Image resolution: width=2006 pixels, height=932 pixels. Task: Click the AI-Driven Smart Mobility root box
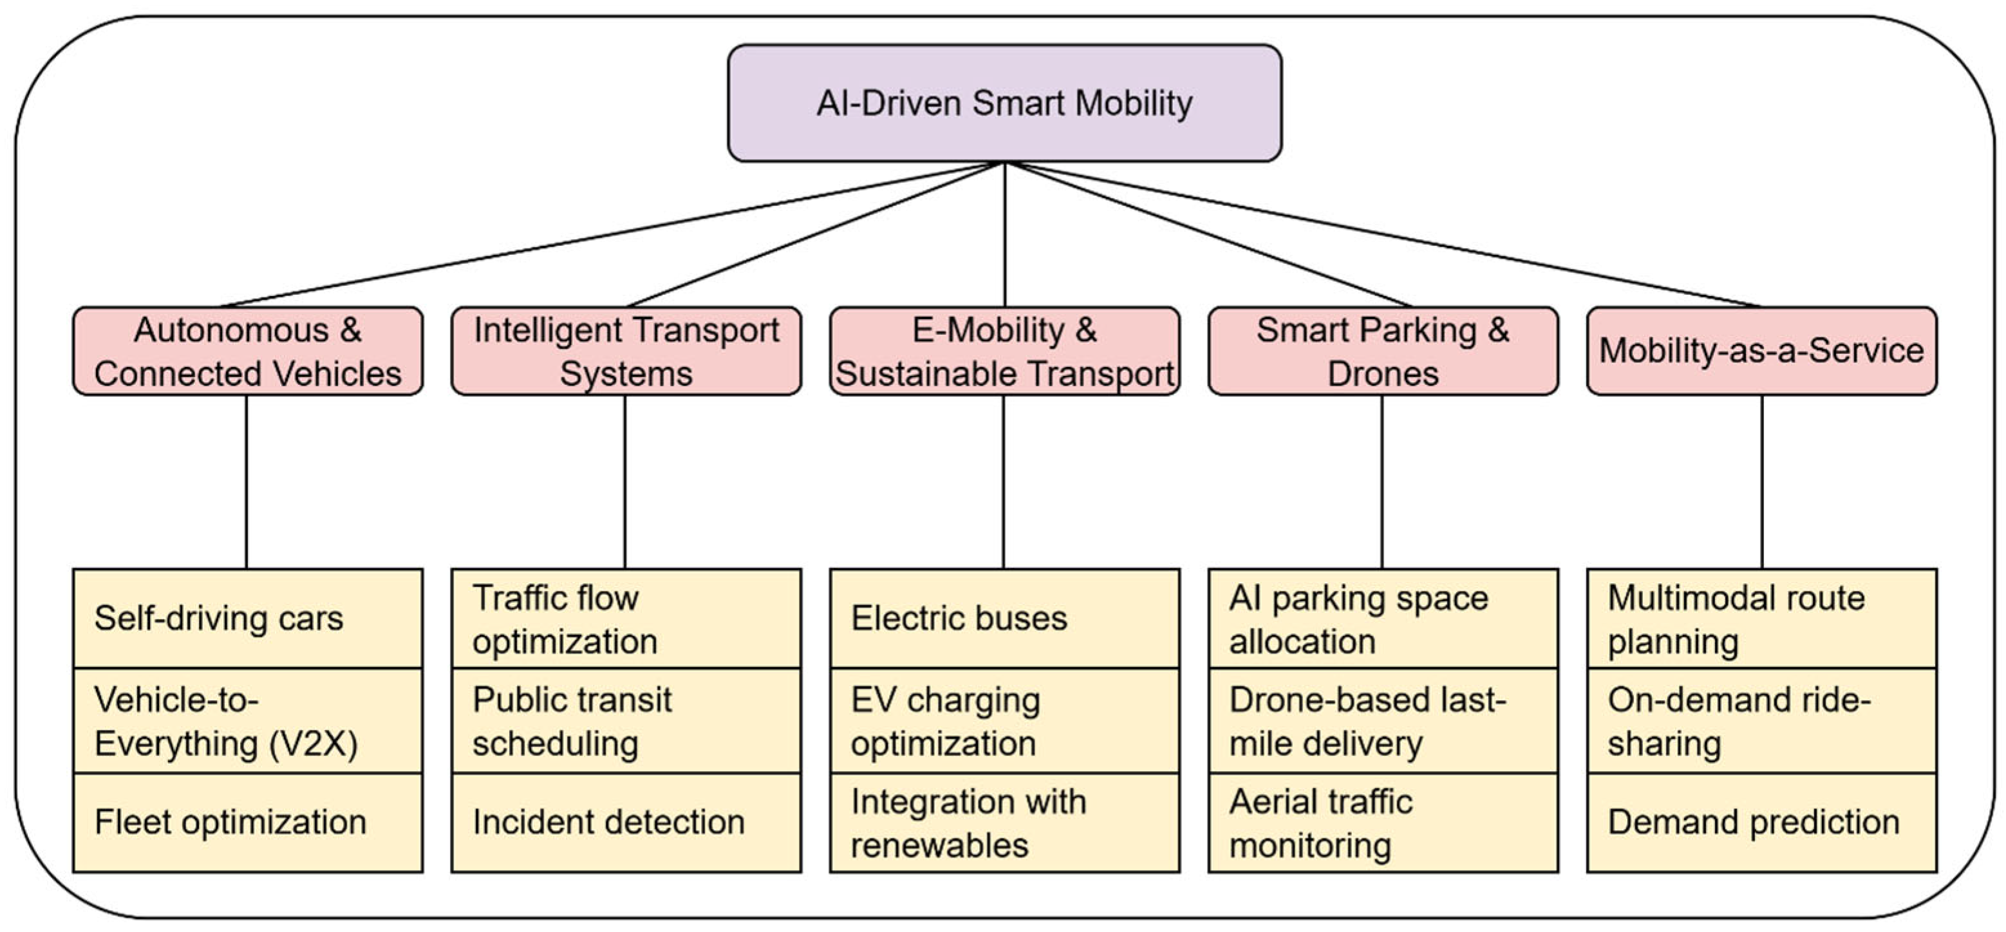click(x=1004, y=103)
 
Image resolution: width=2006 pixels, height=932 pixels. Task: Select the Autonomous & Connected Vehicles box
click(x=248, y=351)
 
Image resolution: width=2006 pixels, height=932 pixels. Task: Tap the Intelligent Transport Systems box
click(x=626, y=351)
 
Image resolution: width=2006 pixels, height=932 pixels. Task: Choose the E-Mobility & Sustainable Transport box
click(x=1004, y=351)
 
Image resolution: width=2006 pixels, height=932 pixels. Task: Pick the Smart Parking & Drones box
click(x=1383, y=351)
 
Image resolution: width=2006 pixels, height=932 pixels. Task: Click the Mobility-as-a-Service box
click(x=1761, y=351)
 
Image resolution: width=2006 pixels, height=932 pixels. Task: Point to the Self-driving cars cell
click(x=248, y=618)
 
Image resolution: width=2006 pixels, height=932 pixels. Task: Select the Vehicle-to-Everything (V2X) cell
click(x=248, y=721)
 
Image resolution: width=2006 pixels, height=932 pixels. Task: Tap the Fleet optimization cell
click(x=248, y=822)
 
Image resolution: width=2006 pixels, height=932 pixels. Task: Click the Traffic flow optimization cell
click(x=626, y=618)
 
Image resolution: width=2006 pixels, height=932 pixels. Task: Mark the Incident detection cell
click(x=626, y=822)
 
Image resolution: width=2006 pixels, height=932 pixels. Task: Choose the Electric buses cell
click(x=1004, y=618)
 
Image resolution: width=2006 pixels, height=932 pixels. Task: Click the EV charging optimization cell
click(x=1004, y=721)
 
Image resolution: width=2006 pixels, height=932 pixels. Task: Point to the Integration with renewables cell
click(x=1004, y=822)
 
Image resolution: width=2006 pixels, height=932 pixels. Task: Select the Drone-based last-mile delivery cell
click(x=1383, y=721)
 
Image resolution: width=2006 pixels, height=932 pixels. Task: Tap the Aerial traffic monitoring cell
click(x=1383, y=822)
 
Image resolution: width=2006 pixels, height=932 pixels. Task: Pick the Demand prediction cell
click(x=1761, y=822)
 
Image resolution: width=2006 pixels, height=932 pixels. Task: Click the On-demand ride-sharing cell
click(x=1761, y=721)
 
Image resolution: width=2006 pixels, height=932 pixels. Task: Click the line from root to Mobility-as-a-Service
click(x=1383, y=234)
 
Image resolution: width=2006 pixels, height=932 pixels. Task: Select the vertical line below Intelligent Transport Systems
click(x=624, y=482)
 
